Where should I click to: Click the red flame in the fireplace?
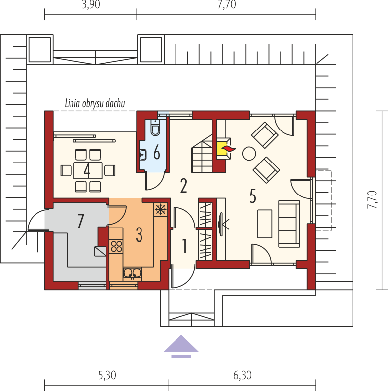coord(228,149)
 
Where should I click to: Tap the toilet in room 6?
coord(155,128)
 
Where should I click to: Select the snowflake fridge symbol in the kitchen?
coord(161,209)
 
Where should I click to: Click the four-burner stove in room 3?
coord(116,246)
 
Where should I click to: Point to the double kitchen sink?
coord(132,273)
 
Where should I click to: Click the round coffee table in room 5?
coord(248,153)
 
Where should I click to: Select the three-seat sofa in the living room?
coord(289,224)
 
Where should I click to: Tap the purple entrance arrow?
coord(181,346)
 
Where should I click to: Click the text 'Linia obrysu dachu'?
coord(95,104)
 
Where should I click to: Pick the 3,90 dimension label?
coord(91,5)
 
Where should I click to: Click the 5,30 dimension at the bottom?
coord(107,375)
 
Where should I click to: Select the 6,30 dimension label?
coord(243,375)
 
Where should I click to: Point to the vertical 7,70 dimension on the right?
coord(372,199)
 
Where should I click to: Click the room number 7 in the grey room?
coord(80,221)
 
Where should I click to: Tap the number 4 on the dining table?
coord(87,171)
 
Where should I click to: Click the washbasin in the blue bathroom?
coord(143,155)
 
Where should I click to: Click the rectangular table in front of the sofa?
coord(265,224)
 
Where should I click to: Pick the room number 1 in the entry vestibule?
coord(184,246)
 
